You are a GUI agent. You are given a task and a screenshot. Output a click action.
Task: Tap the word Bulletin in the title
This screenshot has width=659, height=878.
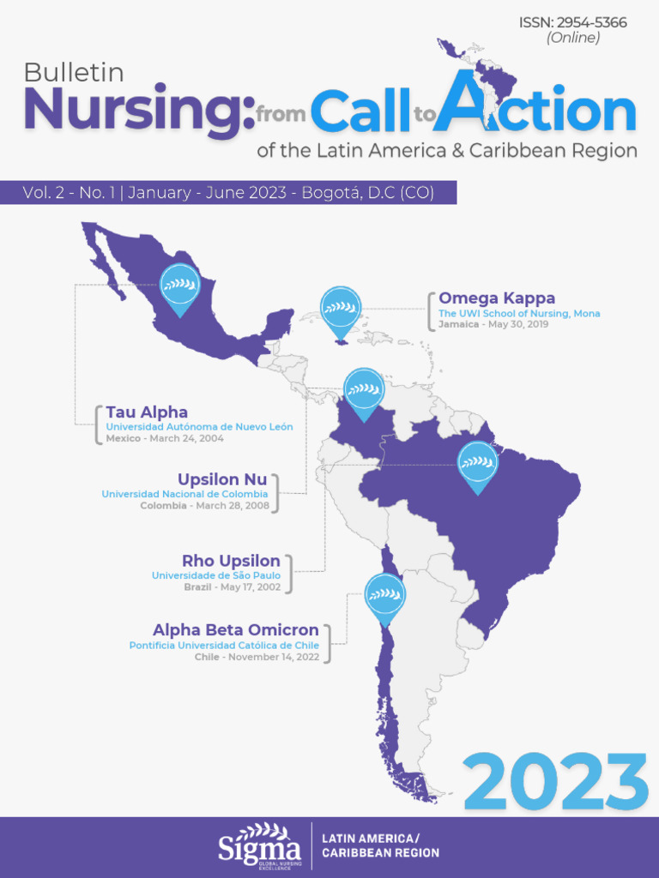[x=74, y=73]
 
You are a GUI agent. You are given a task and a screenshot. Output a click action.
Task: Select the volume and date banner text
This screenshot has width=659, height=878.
[x=228, y=193]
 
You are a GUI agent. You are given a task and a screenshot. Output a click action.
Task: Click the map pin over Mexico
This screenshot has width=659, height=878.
[x=180, y=287]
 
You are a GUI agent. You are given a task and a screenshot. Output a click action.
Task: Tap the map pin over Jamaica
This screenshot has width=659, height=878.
[x=341, y=310]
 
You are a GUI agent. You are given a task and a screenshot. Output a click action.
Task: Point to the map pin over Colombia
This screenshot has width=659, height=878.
[x=365, y=392]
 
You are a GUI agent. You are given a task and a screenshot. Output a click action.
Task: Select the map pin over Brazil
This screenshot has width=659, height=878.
[x=478, y=465]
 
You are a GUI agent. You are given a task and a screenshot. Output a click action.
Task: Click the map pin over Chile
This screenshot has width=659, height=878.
[x=385, y=595]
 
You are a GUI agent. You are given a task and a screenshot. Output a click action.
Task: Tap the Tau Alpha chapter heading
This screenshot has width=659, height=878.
[x=147, y=412]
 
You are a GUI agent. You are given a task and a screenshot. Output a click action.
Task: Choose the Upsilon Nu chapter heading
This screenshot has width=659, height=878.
[x=222, y=479]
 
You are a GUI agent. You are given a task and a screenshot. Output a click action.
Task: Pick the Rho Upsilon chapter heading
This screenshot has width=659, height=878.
[x=231, y=561]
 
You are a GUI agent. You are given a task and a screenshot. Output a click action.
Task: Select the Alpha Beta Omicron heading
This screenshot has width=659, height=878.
[x=236, y=630]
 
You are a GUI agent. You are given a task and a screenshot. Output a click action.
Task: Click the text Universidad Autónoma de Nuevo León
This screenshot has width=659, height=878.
[x=199, y=427]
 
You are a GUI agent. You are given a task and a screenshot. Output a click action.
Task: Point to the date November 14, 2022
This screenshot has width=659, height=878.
[x=273, y=657]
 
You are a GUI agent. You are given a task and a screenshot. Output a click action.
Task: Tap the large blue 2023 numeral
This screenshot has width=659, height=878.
[x=556, y=781]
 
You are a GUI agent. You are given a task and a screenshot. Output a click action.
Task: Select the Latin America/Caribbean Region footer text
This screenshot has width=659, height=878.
[x=380, y=845]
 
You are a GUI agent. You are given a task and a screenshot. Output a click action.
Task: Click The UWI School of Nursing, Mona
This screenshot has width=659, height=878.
[x=519, y=314]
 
